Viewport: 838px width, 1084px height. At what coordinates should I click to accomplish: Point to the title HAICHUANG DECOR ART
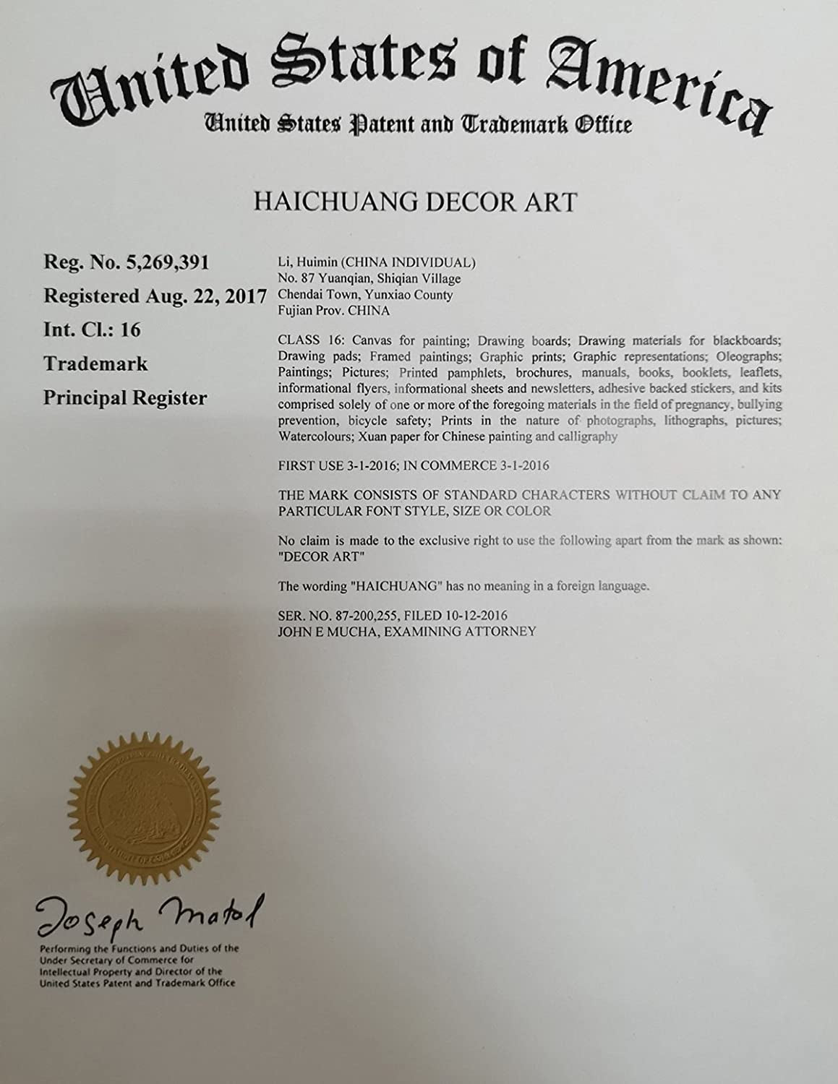(x=415, y=202)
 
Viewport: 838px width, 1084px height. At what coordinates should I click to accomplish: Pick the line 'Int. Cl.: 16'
(x=92, y=330)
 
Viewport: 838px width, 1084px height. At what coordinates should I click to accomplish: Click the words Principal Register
(x=125, y=397)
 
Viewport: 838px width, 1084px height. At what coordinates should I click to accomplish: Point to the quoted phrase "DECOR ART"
(x=310, y=556)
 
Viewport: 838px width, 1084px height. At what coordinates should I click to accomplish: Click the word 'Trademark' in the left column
(x=95, y=364)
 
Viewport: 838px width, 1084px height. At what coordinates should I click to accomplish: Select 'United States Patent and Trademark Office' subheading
(x=418, y=124)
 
